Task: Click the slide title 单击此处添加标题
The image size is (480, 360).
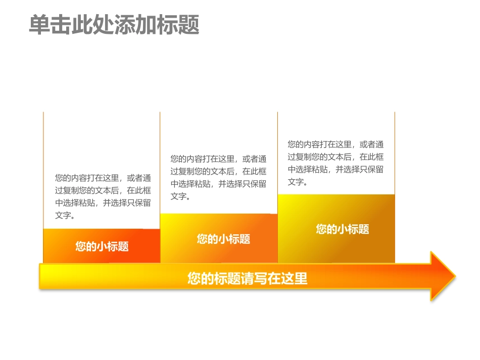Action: (x=114, y=25)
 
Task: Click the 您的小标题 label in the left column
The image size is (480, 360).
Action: (x=102, y=246)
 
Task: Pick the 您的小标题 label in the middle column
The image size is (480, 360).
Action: (x=223, y=239)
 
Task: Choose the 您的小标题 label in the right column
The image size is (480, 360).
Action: (x=343, y=229)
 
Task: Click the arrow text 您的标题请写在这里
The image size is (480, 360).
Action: (x=248, y=278)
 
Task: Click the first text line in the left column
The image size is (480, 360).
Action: (x=103, y=178)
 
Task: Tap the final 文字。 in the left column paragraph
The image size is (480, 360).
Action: (x=65, y=216)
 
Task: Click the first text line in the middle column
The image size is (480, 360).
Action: (x=218, y=159)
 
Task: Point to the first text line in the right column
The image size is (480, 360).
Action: (x=335, y=144)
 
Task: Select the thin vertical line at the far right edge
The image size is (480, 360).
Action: (x=395, y=151)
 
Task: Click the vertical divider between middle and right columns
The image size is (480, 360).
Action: (x=277, y=151)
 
